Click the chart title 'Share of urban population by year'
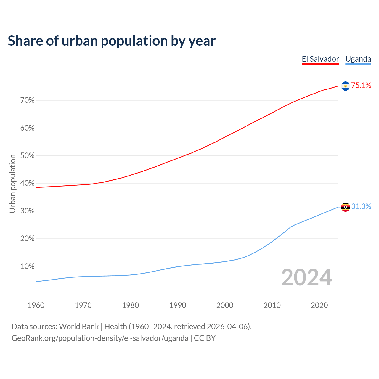[112, 41]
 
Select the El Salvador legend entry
[320, 59]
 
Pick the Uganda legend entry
[358, 59]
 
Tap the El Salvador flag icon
[345, 86]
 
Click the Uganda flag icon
[345, 207]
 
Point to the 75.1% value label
[361, 86]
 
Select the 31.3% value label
[361, 207]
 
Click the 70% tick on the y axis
[27, 100]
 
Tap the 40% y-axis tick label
[27, 183]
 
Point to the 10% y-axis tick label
[27, 266]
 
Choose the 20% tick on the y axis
[27, 239]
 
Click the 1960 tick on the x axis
[36, 305]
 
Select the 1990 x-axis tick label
[178, 305]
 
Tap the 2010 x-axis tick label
[272, 305]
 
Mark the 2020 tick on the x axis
[319, 305]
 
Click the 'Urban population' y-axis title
[12, 184]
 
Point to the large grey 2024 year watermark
[306, 278]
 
